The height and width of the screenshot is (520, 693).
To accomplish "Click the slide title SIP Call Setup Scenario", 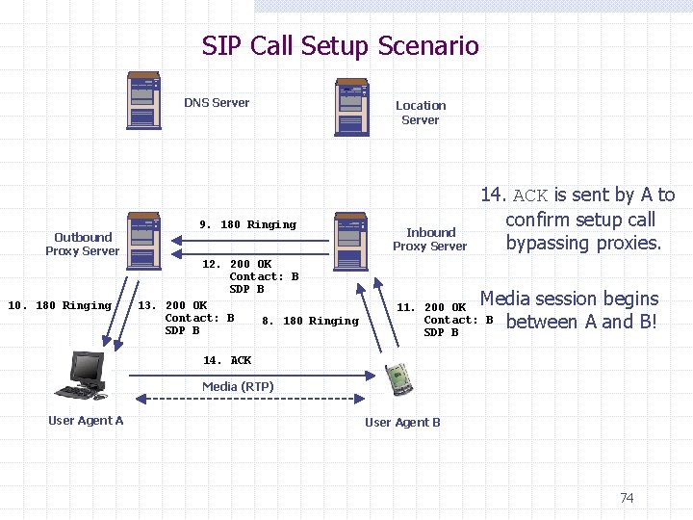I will [x=340, y=45].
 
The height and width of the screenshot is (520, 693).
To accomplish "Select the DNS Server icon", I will [x=144, y=101].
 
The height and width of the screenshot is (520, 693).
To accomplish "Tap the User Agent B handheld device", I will [x=398, y=379].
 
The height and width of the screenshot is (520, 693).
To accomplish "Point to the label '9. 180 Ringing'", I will [x=247, y=224].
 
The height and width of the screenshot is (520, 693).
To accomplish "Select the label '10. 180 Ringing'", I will [x=60, y=305].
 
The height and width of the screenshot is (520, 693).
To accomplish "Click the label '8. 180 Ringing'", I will [x=310, y=321].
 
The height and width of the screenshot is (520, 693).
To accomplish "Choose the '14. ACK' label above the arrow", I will [x=227, y=360].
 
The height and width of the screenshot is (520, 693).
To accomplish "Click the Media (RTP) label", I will [x=238, y=386].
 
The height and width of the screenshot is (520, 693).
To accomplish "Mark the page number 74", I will [x=627, y=498].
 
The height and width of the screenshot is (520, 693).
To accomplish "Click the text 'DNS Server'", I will [x=217, y=102].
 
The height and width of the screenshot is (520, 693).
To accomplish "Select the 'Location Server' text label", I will [x=421, y=113].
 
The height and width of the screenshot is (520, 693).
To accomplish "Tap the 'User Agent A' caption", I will [x=86, y=420].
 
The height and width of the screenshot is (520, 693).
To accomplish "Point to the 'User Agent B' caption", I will [x=402, y=422].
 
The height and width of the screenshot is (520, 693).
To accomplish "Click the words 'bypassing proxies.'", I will [x=583, y=243].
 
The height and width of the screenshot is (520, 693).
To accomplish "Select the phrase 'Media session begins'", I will [x=569, y=299].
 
